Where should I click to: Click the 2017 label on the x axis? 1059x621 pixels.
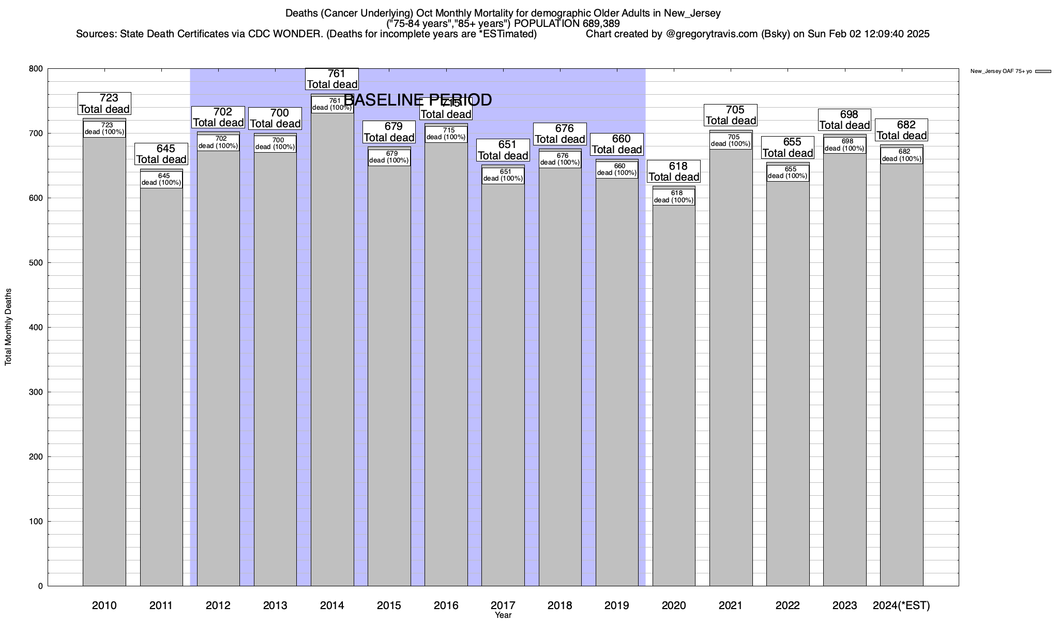(x=503, y=605)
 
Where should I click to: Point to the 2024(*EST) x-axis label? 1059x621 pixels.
(x=901, y=605)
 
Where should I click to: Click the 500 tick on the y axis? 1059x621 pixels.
(x=37, y=263)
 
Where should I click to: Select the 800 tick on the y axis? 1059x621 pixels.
(x=37, y=69)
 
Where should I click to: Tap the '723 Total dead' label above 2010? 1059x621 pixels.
(x=104, y=103)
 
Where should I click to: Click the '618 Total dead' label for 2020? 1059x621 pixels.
(x=674, y=171)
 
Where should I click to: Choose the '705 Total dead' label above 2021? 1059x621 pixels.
(x=731, y=115)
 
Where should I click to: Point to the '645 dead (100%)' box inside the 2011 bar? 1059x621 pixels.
(x=161, y=180)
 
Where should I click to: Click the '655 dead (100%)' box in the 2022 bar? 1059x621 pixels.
(x=788, y=173)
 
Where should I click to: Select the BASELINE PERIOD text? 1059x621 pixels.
(x=418, y=100)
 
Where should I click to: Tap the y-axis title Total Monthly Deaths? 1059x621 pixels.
(x=8, y=327)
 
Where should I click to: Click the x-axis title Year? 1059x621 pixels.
(x=503, y=615)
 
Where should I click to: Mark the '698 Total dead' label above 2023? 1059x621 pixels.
(x=844, y=120)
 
